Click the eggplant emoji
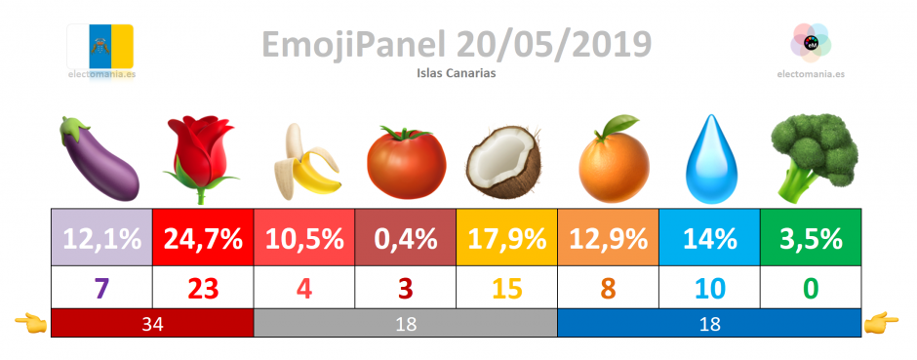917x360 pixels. (x=99, y=158)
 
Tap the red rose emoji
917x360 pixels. (x=201, y=159)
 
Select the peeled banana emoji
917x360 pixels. (x=306, y=161)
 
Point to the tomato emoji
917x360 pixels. (x=406, y=163)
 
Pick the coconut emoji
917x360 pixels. (x=503, y=162)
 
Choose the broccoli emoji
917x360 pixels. (x=813, y=158)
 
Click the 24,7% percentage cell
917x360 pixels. (x=203, y=238)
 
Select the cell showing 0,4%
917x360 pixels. (x=405, y=238)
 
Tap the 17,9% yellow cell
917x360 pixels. (x=507, y=238)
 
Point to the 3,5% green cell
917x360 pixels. (x=811, y=238)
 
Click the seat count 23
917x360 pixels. (x=203, y=288)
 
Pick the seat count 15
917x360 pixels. (x=507, y=288)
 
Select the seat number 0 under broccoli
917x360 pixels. (x=811, y=288)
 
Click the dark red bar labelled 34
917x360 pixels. (x=152, y=323)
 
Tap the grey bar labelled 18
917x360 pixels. (x=405, y=323)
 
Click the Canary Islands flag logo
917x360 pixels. (x=100, y=47)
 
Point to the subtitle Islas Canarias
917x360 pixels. (x=457, y=73)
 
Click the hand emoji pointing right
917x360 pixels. (x=880, y=321)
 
